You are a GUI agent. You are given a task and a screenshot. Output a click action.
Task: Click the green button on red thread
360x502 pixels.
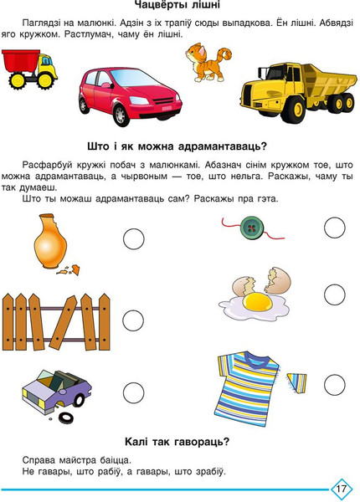(248, 227)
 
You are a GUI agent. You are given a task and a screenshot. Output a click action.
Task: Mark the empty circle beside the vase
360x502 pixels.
(134, 239)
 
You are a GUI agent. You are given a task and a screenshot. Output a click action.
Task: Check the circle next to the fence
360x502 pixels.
(134, 320)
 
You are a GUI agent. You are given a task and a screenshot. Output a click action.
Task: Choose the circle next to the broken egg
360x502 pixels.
(334, 294)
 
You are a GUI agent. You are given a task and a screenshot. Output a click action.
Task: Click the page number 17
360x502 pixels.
(341, 488)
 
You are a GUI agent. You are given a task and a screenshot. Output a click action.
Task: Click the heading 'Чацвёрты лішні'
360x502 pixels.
(180, 8)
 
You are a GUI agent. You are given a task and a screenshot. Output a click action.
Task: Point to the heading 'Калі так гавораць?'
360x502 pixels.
(180, 442)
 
